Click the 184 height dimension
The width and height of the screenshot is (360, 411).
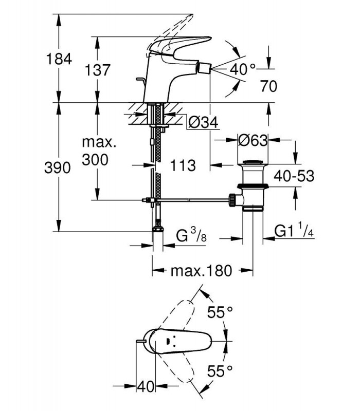point(59,59)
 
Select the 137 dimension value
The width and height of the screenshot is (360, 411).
point(97,70)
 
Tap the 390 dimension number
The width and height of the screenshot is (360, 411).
point(58,167)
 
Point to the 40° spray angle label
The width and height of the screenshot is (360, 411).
point(242,69)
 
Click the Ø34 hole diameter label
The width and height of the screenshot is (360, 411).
point(203,122)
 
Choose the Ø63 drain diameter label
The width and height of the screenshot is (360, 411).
point(253,140)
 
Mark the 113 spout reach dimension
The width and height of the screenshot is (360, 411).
point(183,165)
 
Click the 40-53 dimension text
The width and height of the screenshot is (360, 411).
point(294,176)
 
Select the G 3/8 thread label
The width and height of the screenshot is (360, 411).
point(191,235)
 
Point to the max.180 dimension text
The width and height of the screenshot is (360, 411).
point(202,271)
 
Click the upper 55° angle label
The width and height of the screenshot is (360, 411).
point(220,312)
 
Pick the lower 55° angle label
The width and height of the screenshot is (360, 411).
point(220,371)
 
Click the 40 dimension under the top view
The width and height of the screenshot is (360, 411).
point(146,386)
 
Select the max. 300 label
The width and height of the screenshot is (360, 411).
point(99,151)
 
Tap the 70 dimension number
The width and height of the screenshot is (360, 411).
point(268,86)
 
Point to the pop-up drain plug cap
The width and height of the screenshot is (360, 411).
point(253,162)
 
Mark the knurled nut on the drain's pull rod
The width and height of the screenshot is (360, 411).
point(232,200)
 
